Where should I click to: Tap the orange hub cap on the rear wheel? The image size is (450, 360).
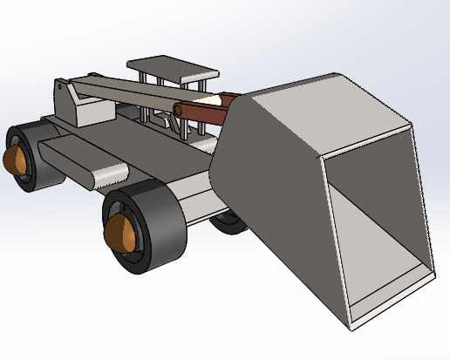tap(15, 163)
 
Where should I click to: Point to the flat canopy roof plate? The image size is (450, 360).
tap(170, 70)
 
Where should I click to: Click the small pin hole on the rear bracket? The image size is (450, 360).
tap(58, 87)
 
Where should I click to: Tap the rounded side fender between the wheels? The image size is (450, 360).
tap(83, 161)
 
